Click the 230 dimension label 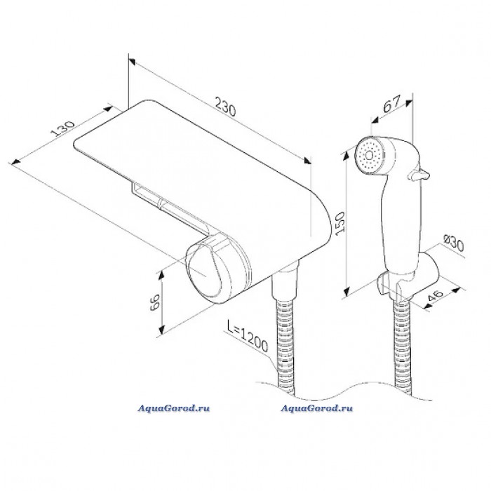coord(225,107)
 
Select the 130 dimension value coord(63,128)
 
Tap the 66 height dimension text coord(155,302)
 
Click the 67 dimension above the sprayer coord(392,104)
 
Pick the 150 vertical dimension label coord(339,222)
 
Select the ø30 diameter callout coord(454,243)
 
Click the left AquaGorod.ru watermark coord(174,408)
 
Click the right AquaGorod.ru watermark coord(316,408)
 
